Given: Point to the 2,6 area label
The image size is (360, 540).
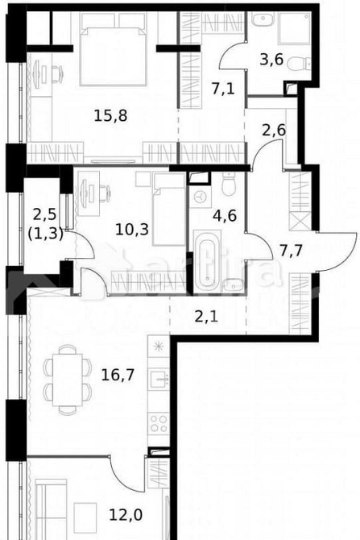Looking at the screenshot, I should click(x=275, y=126).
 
